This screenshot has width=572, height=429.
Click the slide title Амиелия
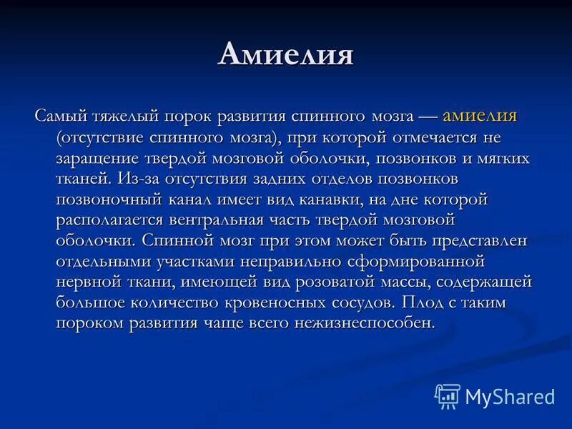click(x=285, y=55)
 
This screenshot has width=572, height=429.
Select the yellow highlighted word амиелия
click(x=480, y=115)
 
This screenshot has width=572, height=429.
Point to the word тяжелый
click(x=125, y=116)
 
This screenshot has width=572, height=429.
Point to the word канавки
click(x=350, y=199)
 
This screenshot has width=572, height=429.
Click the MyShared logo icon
click(x=448, y=395)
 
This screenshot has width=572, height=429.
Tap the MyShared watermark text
click(x=509, y=395)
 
